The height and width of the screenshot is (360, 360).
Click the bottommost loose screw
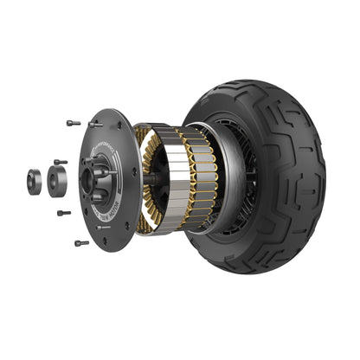(x=80, y=243)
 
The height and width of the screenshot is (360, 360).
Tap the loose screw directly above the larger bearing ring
(x=58, y=162)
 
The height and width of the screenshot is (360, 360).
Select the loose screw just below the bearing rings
(x=63, y=212)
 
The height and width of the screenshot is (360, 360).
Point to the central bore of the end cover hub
(x=89, y=179)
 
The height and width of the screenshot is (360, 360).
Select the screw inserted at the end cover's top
(x=94, y=124)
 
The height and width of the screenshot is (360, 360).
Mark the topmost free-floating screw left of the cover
(x=73, y=122)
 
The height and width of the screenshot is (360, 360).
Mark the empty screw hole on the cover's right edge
(x=134, y=173)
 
